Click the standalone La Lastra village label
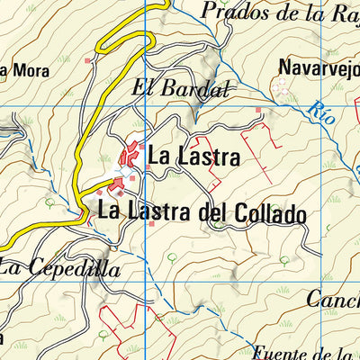point(193,157)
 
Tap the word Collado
point(267,215)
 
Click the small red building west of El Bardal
point(88,61)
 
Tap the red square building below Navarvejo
point(258,111)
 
